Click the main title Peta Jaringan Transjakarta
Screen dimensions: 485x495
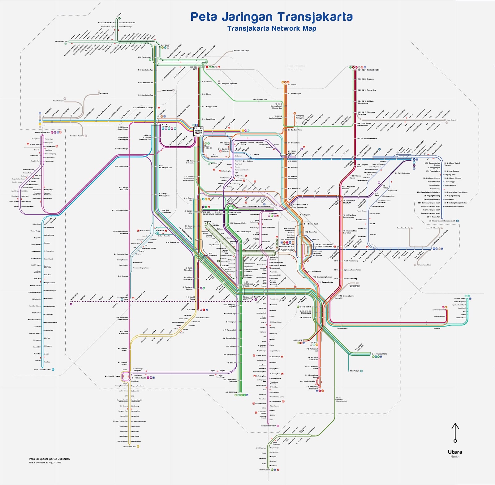[271, 17]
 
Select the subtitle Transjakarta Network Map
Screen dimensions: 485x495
[272, 28]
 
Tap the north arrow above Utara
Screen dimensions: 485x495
[455, 432]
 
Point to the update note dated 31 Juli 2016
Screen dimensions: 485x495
[49, 459]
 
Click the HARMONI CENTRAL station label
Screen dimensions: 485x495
[199, 131]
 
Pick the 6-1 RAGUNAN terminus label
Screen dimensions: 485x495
[231, 392]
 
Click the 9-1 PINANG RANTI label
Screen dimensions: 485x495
[379, 354]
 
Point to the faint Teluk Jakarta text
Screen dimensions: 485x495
[295, 66]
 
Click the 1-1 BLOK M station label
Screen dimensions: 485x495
[190, 310]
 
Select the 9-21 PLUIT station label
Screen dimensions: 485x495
[165, 45]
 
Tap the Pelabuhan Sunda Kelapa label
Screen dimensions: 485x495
[241, 50]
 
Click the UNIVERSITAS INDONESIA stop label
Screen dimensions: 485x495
[268, 426]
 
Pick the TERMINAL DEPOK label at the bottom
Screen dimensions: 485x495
[265, 470]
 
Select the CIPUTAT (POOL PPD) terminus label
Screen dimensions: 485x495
[129, 446]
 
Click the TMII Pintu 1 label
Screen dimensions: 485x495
[355, 371]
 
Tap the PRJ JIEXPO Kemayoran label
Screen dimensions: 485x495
[300, 117]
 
